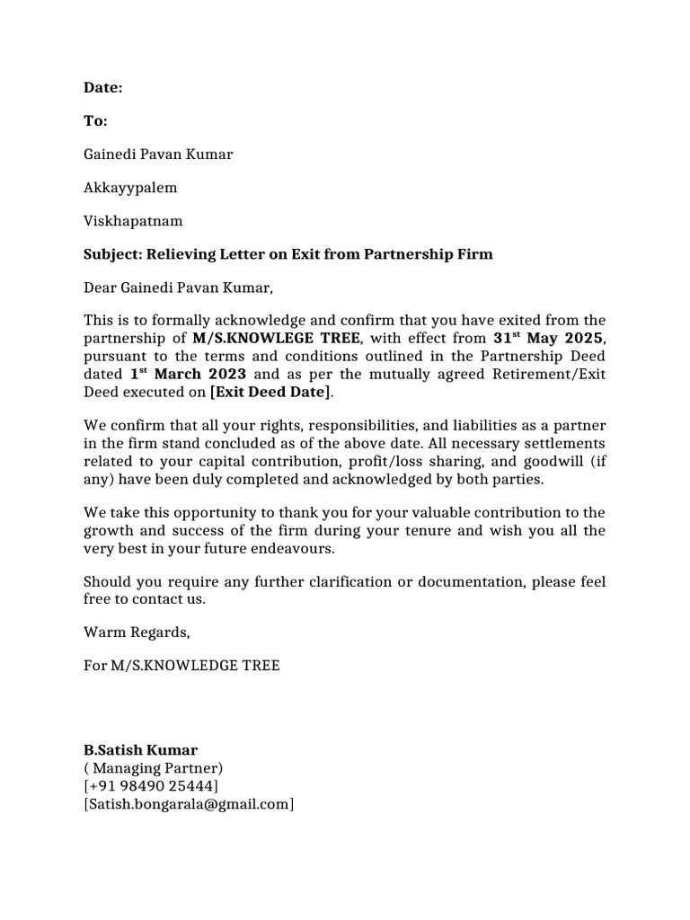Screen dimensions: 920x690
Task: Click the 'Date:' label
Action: pyautogui.click(x=102, y=87)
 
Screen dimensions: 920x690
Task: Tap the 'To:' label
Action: pyautogui.click(x=95, y=120)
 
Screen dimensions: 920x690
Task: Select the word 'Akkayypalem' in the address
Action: pyautogui.click(x=130, y=188)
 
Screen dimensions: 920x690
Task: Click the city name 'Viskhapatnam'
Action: pyautogui.click(x=133, y=221)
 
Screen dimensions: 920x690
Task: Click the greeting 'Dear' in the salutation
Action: pyautogui.click(x=102, y=287)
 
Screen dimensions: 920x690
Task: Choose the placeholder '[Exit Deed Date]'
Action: pyautogui.click(x=270, y=391)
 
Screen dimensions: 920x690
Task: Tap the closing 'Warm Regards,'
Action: pyautogui.click(x=137, y=632)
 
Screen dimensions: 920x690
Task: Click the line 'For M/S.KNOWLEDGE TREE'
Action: pyautogui.click(x=181, y=665)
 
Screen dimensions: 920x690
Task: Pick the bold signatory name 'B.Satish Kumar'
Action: pyautogui.click(x=140, y=750)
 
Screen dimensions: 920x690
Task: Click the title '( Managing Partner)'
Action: pyautogui.click(x=154, y=768)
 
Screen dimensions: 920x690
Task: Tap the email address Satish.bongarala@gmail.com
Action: pyautogui.click(x=189, y=804)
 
